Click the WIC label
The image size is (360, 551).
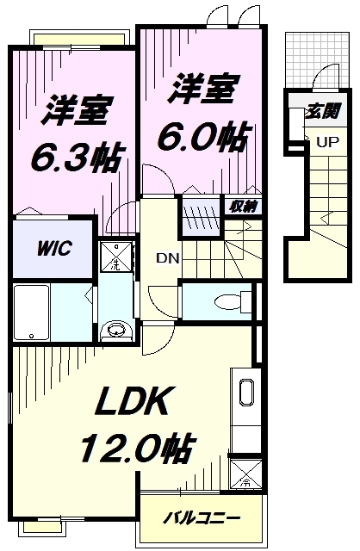coord(53,248)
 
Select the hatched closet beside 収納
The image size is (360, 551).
coord(201,211)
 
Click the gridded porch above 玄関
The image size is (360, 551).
coord(306,64)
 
